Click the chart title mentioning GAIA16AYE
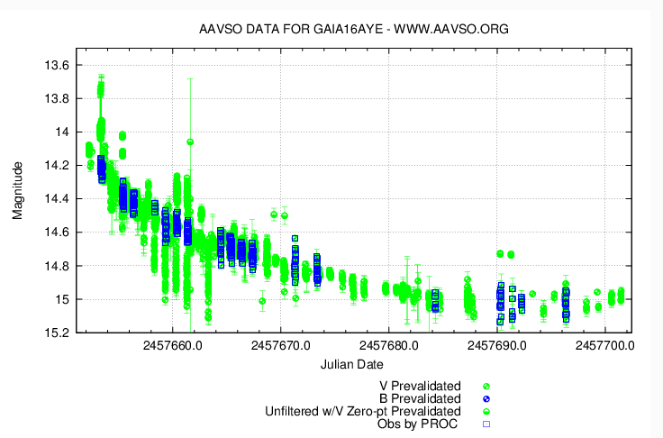[x=353, y=29]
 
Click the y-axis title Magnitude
[x=17, y=191]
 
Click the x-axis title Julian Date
[x=352, y=364]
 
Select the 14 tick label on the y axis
[x=63, y=132]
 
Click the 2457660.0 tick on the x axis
[x=173, y=344]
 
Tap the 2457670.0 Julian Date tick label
[x=281, y=344]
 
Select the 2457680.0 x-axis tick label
[x=389, y=344]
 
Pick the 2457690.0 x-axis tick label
[x=497, y=344]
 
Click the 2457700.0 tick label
[x=605, y=344]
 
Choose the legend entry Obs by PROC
[x=419, y=423]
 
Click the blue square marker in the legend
[x=486, y=423]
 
